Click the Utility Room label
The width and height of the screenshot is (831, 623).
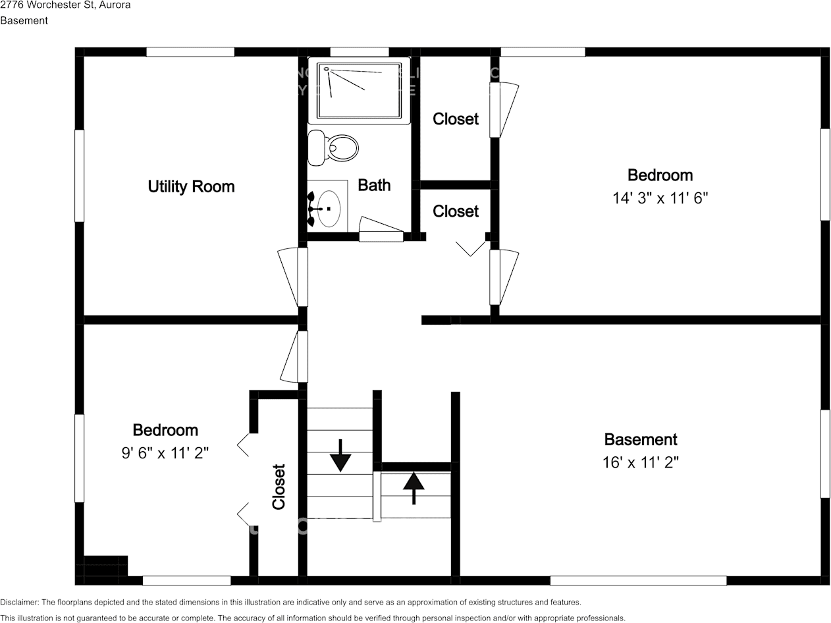pyautogui.click(x=191, y=186)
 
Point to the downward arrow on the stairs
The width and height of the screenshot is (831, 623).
pyautogui.click(x=340, y=455)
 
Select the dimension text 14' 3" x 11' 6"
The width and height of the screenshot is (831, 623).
pyautogui.click(x=660, y=198)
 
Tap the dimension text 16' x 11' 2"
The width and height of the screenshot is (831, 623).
pyautogui.click(x=640, y=462)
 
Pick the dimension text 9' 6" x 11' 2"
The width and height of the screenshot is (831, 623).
pyautogui.click(x=165, y=453)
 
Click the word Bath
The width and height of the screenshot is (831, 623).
pyautogui.click(x=374, y=185)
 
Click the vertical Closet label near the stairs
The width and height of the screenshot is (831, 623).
pyautogui.click(x=279, y=487)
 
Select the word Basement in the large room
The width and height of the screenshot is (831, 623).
pyautogui.click(x=640, y=439)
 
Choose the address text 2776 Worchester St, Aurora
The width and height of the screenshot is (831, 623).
pyautogui.click(x=65, y=5)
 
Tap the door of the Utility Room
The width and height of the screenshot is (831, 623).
pyautogui.click(x=293, y=277)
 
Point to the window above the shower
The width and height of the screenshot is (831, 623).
pyautogui.click(x=359, y=52)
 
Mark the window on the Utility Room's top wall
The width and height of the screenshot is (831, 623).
pyautogui.click(x=190, y=52)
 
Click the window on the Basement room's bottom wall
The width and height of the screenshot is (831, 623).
pyautogui.click(x=638, y=580)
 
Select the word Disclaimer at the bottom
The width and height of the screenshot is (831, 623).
pyautogui.click(x=20, y=602)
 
